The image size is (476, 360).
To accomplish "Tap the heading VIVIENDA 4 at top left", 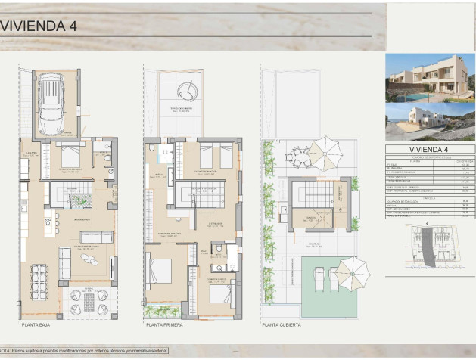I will coord(39,25).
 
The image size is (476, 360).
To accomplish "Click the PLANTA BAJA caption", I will coord(37,324).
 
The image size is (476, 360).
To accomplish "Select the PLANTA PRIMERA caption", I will coord(164,324).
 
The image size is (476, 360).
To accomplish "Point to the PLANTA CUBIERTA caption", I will coord(282,324).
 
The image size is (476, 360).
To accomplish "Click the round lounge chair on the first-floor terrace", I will coord(187,92).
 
